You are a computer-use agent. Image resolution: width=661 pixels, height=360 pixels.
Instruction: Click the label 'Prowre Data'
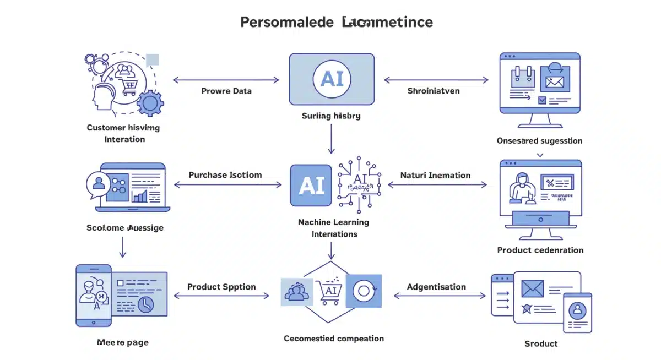click(x=226, y=91)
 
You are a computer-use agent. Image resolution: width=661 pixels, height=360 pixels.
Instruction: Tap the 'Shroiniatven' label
click(x=433, y=91)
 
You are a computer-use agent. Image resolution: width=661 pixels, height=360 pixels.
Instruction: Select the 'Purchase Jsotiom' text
click(x=225, y=175)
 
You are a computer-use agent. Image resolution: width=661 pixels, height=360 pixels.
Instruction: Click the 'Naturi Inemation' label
click(x=435, y=176)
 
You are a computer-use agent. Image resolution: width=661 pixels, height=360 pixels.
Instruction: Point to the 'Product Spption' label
click(x=221, y=287)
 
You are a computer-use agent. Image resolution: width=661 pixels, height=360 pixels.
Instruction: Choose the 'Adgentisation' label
click(x=436, y=287)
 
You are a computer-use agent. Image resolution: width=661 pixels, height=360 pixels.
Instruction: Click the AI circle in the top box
click(x=332, y=79)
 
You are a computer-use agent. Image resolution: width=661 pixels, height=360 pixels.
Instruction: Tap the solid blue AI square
click(x=311, y=186)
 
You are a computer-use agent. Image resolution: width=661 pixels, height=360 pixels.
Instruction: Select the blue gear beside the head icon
click(x=150, y=103)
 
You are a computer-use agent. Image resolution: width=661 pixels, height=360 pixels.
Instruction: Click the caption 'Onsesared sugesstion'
click(x=539, y=141)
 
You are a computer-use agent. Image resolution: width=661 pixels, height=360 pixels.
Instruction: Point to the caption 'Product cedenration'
click(x=540, y=250)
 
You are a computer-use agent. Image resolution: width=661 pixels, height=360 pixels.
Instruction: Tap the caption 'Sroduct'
click(x=541, y=343)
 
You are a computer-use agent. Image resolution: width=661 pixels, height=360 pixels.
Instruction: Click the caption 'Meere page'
click(x=122, y=342)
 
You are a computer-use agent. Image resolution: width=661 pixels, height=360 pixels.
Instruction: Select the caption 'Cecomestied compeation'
click(x=334, y=338)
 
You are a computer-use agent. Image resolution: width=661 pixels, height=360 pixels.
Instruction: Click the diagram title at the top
click(x=337, y=22)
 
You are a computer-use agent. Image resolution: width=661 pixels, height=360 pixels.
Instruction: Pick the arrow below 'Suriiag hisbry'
click(x=331, y=139)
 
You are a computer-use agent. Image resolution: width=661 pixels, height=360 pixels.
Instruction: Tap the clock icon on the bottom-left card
click(x=145, y=304)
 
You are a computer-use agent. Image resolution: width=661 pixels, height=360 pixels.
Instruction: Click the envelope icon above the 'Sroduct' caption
click(x=532, y=288)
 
